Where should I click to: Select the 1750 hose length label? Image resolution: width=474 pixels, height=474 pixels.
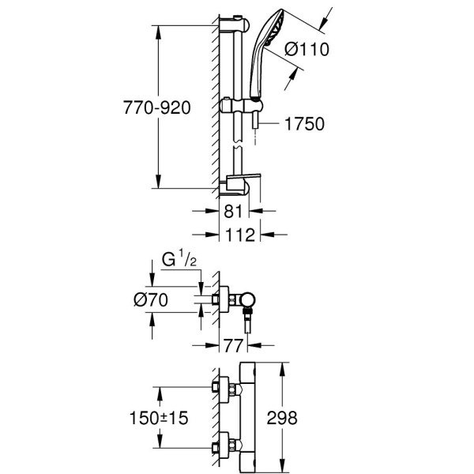(304, 124)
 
